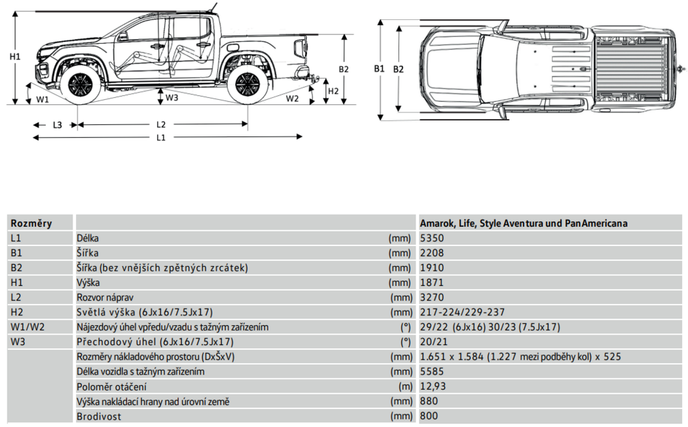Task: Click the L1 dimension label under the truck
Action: [x=161, y=138]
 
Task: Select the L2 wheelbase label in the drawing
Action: [x=161, y=124]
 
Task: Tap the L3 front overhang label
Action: [x=57, y=124]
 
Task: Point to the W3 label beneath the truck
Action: [x=172, y=98]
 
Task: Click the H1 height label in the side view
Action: [x=15, y=57]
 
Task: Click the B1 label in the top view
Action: [x=379, y=69]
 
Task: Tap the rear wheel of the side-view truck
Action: [x=247, y=84]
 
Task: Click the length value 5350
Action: [x=432, y=237]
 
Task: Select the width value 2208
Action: [x=432, y=253]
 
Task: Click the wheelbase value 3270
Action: [x=432, y=297]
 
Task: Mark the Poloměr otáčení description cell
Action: [x=111, y=386]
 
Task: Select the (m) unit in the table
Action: [x=403, y=386]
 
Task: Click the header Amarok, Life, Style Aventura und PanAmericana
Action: [x=523, y=223]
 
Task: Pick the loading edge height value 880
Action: [x=430, y=401]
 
